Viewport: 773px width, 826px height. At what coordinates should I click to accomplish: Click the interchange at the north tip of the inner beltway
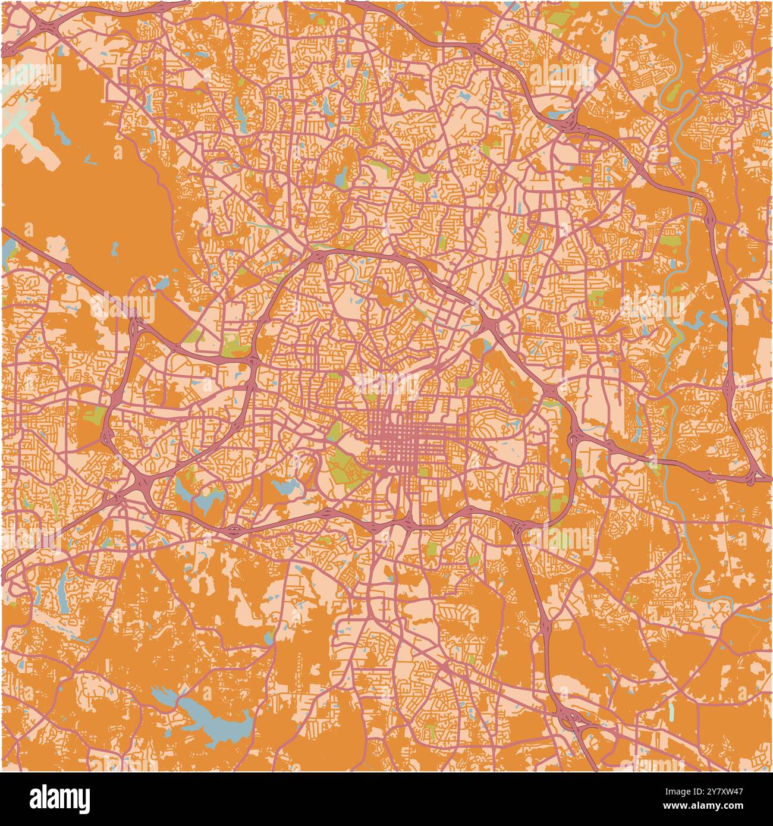click(318, 256)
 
